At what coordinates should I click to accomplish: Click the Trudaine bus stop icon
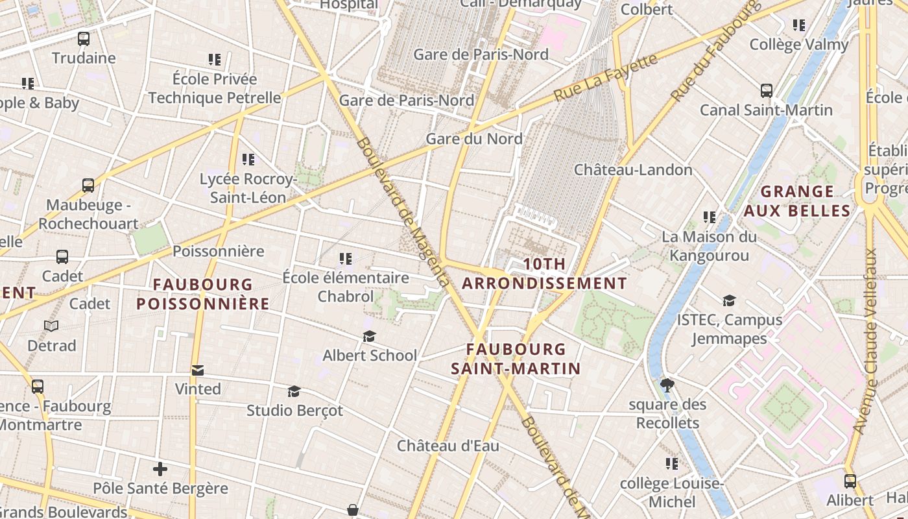pos(84,39)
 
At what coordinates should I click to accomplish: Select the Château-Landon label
pos(633,170)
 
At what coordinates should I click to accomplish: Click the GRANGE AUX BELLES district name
pos(797,201)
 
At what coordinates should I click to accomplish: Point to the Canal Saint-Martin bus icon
pos(767,91)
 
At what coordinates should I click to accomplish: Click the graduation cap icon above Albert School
pos(369,336)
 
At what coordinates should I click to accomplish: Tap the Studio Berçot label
pos(295,411)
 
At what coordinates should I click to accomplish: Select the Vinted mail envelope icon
pos(198,370)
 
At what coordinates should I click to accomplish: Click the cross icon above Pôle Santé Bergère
pos(160,468)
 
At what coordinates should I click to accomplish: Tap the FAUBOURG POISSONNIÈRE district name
pos(203,294)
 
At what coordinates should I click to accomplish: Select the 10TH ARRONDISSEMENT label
pos(544,274)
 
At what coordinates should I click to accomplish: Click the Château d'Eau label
pos(448,446)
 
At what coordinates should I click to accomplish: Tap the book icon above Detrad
pos(51,326)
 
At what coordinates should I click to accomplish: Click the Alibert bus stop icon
pos(850,481)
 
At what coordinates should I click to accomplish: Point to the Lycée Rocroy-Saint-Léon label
pos(248,188)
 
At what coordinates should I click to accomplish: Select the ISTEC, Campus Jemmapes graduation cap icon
pos(729,300)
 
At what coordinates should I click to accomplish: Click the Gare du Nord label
pos(473,139)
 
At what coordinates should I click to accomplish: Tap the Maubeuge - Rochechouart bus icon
pos(88,186)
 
